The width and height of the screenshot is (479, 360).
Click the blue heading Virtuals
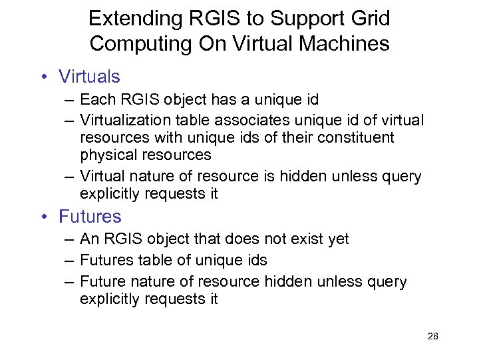click(89, 77)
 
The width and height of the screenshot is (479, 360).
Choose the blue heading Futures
click(90, 216)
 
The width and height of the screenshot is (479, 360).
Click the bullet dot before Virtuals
click(44, 77)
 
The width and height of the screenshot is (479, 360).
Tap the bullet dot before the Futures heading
click(44, 217)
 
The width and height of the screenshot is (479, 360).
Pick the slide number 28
click(432, 336)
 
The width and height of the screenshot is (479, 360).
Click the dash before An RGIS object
click(69, 239)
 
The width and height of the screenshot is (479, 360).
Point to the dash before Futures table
click(69, 261)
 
